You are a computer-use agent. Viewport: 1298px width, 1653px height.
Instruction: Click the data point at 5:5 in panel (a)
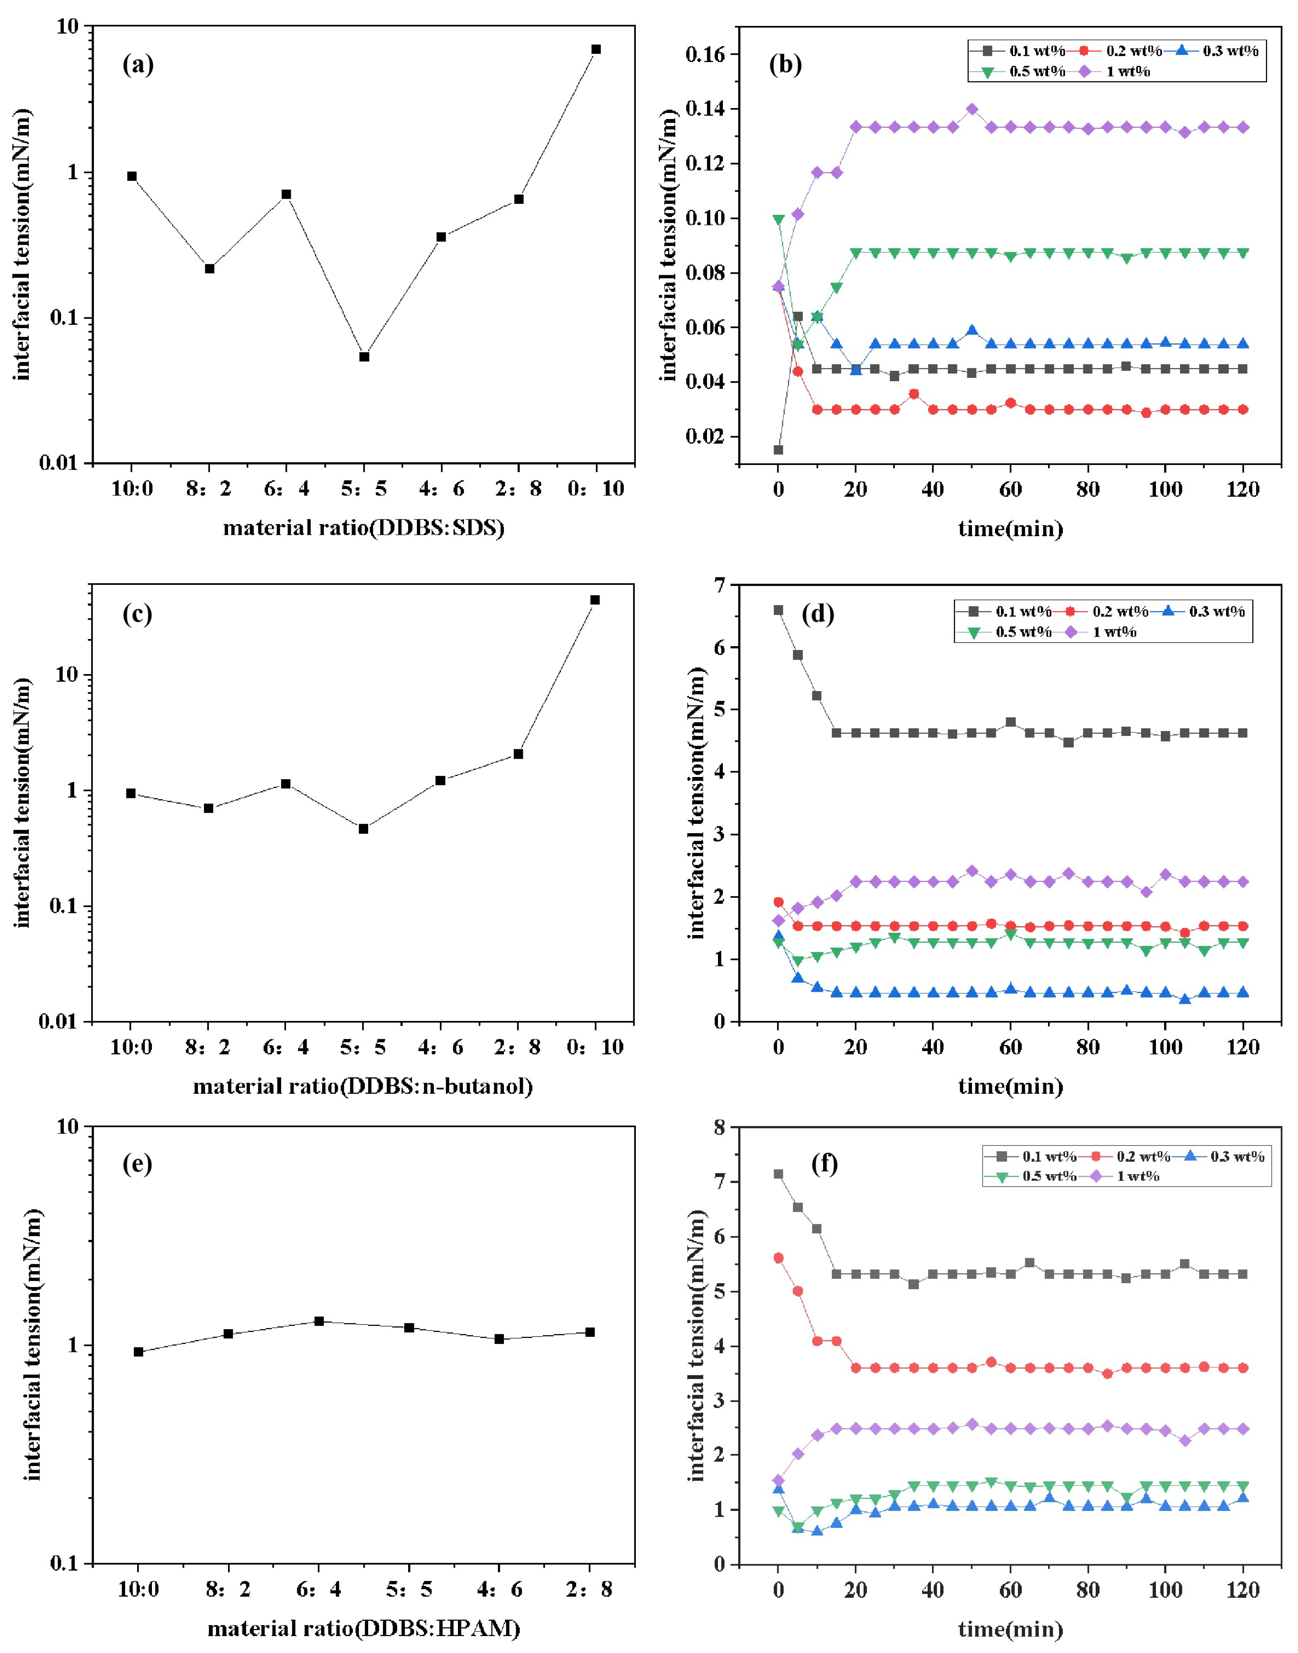tap(364, 357)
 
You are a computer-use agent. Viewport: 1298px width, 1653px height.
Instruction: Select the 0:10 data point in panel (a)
tap(596, 49)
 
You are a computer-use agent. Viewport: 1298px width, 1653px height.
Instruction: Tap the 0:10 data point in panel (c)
tap(595, 600)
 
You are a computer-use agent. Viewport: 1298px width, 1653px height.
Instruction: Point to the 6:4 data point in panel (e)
tap(319, 1321)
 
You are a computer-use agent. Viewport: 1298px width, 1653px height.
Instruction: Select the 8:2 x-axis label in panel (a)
tap(209, 488)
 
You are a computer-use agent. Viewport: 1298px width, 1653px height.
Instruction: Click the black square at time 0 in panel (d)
tap(778, 610)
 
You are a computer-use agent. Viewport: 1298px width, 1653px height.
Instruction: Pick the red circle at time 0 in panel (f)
tap(778, 1258)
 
